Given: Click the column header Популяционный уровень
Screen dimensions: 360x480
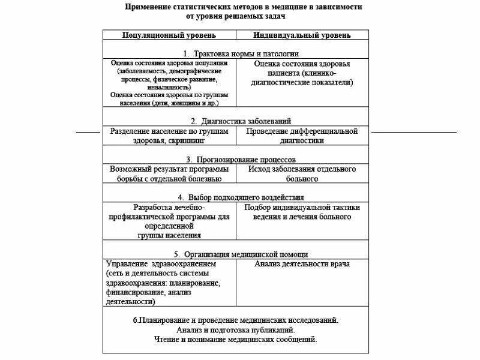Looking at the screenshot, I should click(x=170, y=35).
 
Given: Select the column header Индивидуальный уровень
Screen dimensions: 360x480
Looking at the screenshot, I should click(x=302, y=35).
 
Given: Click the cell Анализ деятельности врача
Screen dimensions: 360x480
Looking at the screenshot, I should click(x=302, y=263).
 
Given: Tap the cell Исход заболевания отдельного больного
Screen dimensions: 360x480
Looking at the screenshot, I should click(x=302, y=174).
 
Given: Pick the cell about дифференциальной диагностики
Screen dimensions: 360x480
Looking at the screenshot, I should click(x=302, y=136).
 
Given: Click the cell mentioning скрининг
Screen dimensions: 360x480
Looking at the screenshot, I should click(x=170, y=136).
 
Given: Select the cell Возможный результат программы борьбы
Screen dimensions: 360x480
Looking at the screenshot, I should click(x=170, y=174).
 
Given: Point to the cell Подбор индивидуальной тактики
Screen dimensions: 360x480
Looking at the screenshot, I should click(x=302, y=212).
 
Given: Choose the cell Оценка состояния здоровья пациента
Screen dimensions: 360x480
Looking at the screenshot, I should click(x=302, y=73).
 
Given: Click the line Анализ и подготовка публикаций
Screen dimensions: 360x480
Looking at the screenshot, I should click(x=235, y=330).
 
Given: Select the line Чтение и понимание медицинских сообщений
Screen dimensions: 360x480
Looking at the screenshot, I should click(x=235, y=340).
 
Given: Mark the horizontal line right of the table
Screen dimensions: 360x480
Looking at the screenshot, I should click(x=413, y=131).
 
